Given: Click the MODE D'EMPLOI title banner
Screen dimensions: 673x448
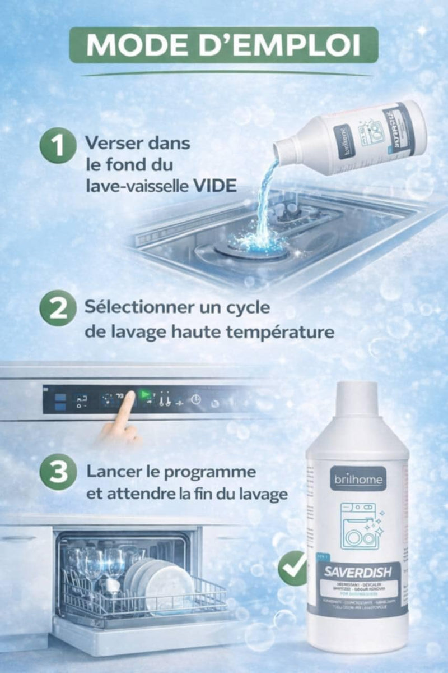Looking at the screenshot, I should (x=223, y=45).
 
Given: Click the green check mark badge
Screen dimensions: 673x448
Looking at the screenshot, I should (x=292, y=568).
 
